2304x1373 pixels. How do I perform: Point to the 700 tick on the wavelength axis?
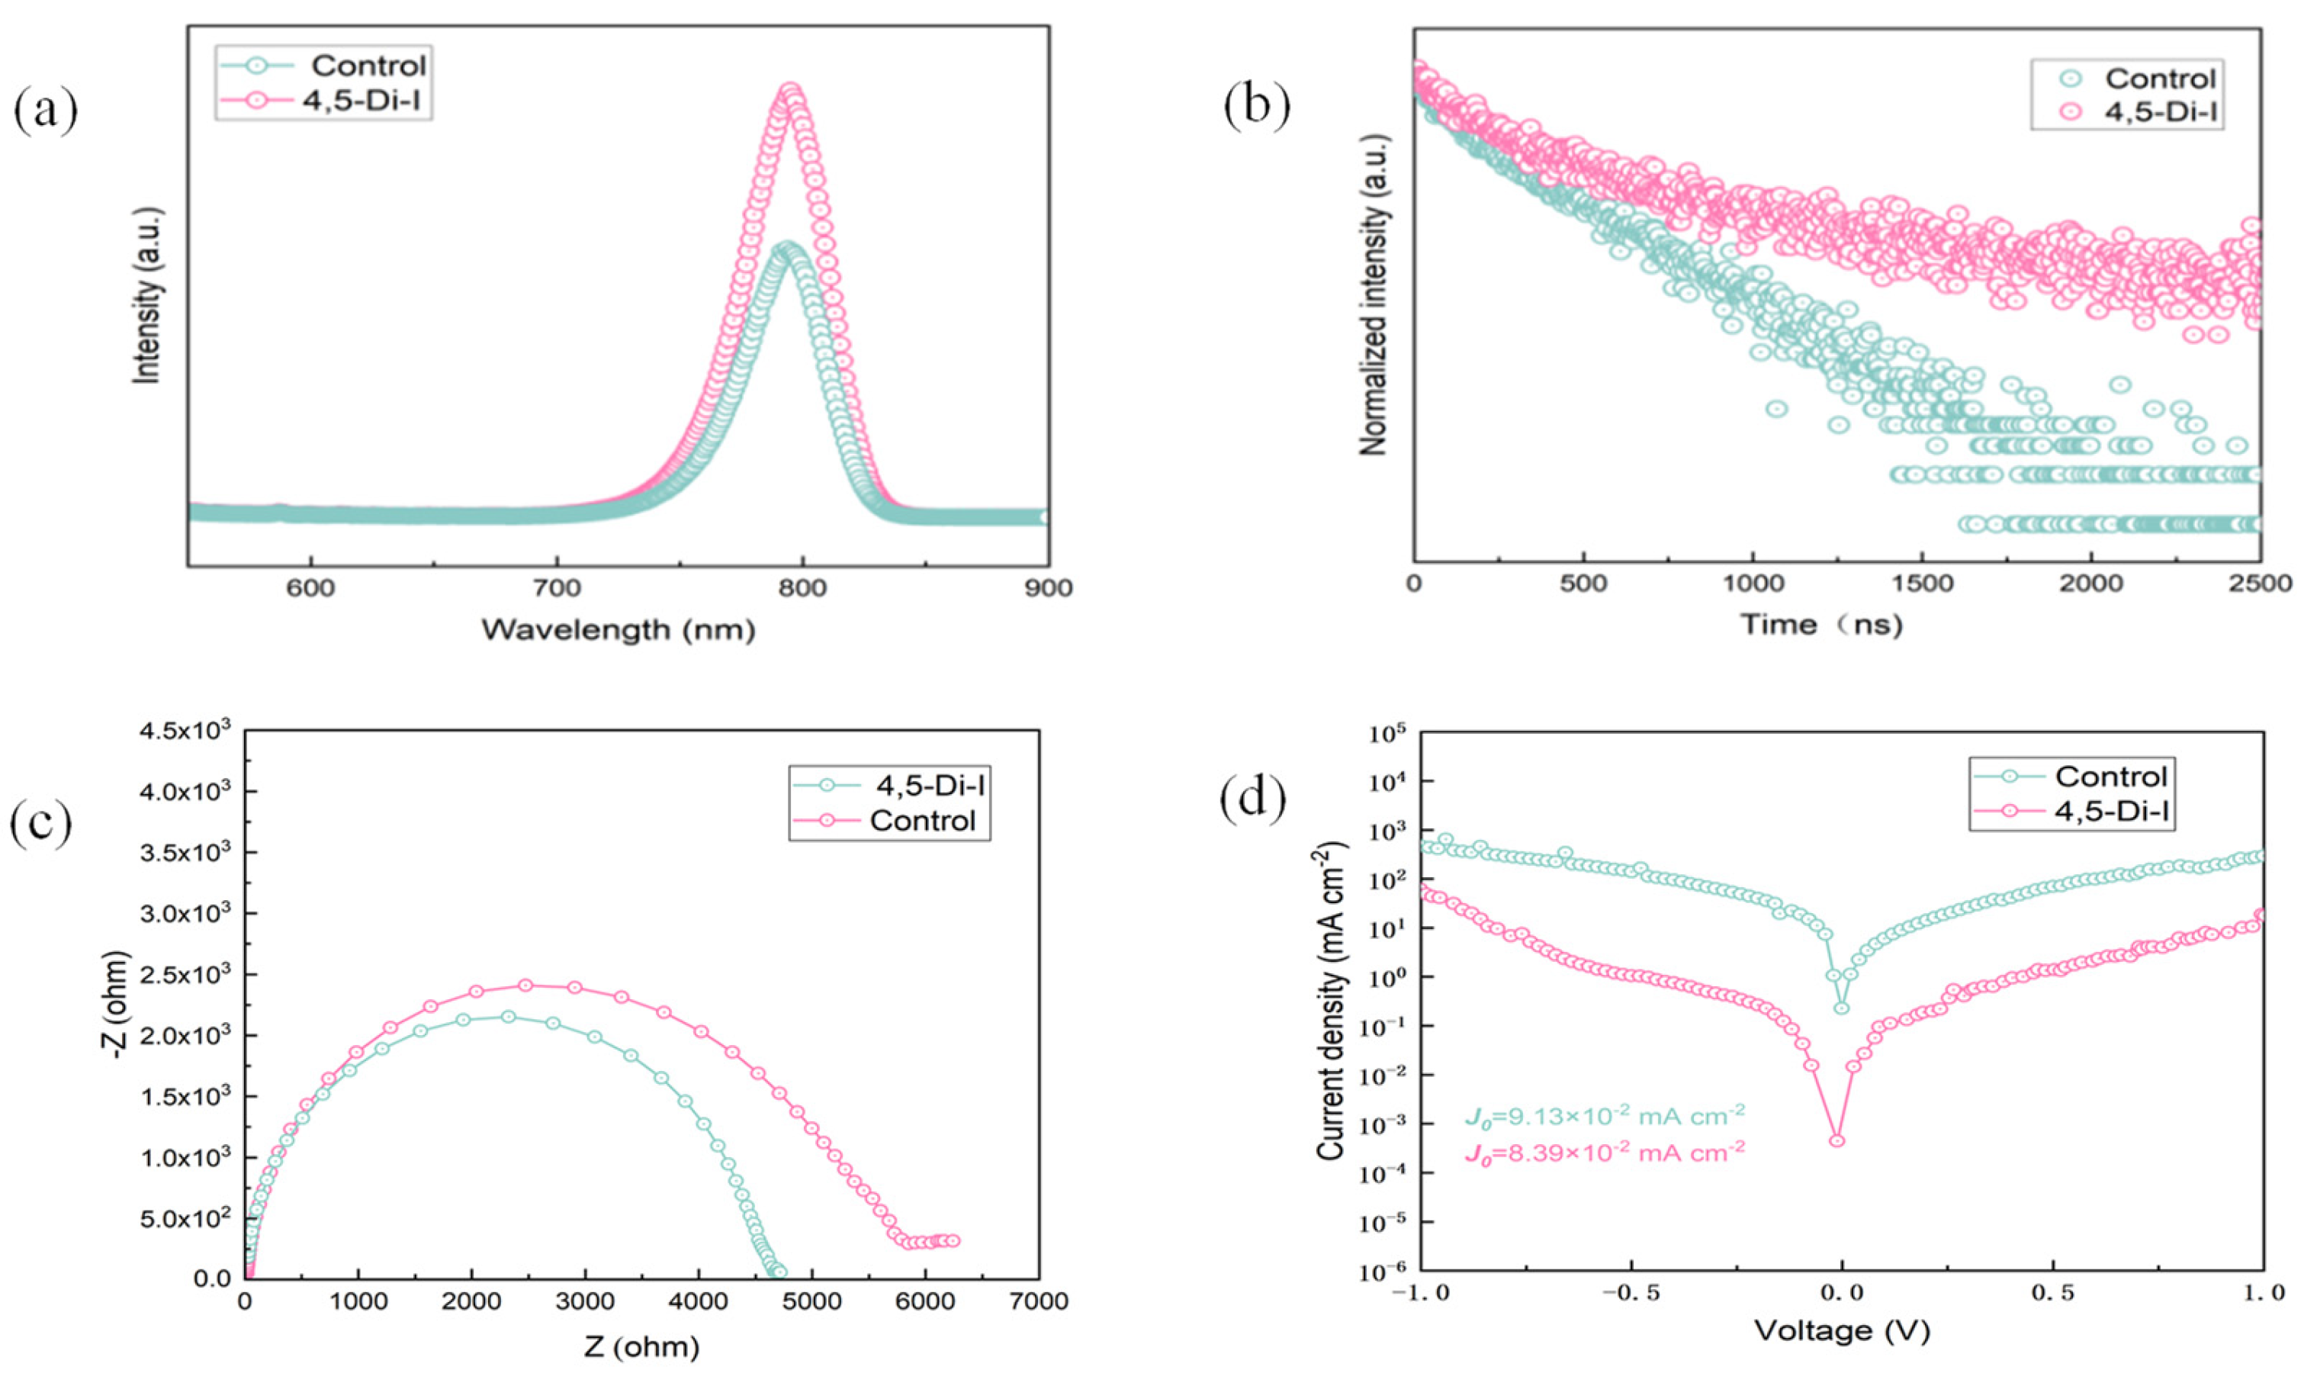[557, 588]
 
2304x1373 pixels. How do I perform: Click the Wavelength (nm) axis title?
[618, 630]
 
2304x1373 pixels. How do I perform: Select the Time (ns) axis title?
[1821, 625]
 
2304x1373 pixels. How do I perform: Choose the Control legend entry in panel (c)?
[921, 821]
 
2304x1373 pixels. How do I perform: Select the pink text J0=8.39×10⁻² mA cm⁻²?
[1604, 1153]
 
